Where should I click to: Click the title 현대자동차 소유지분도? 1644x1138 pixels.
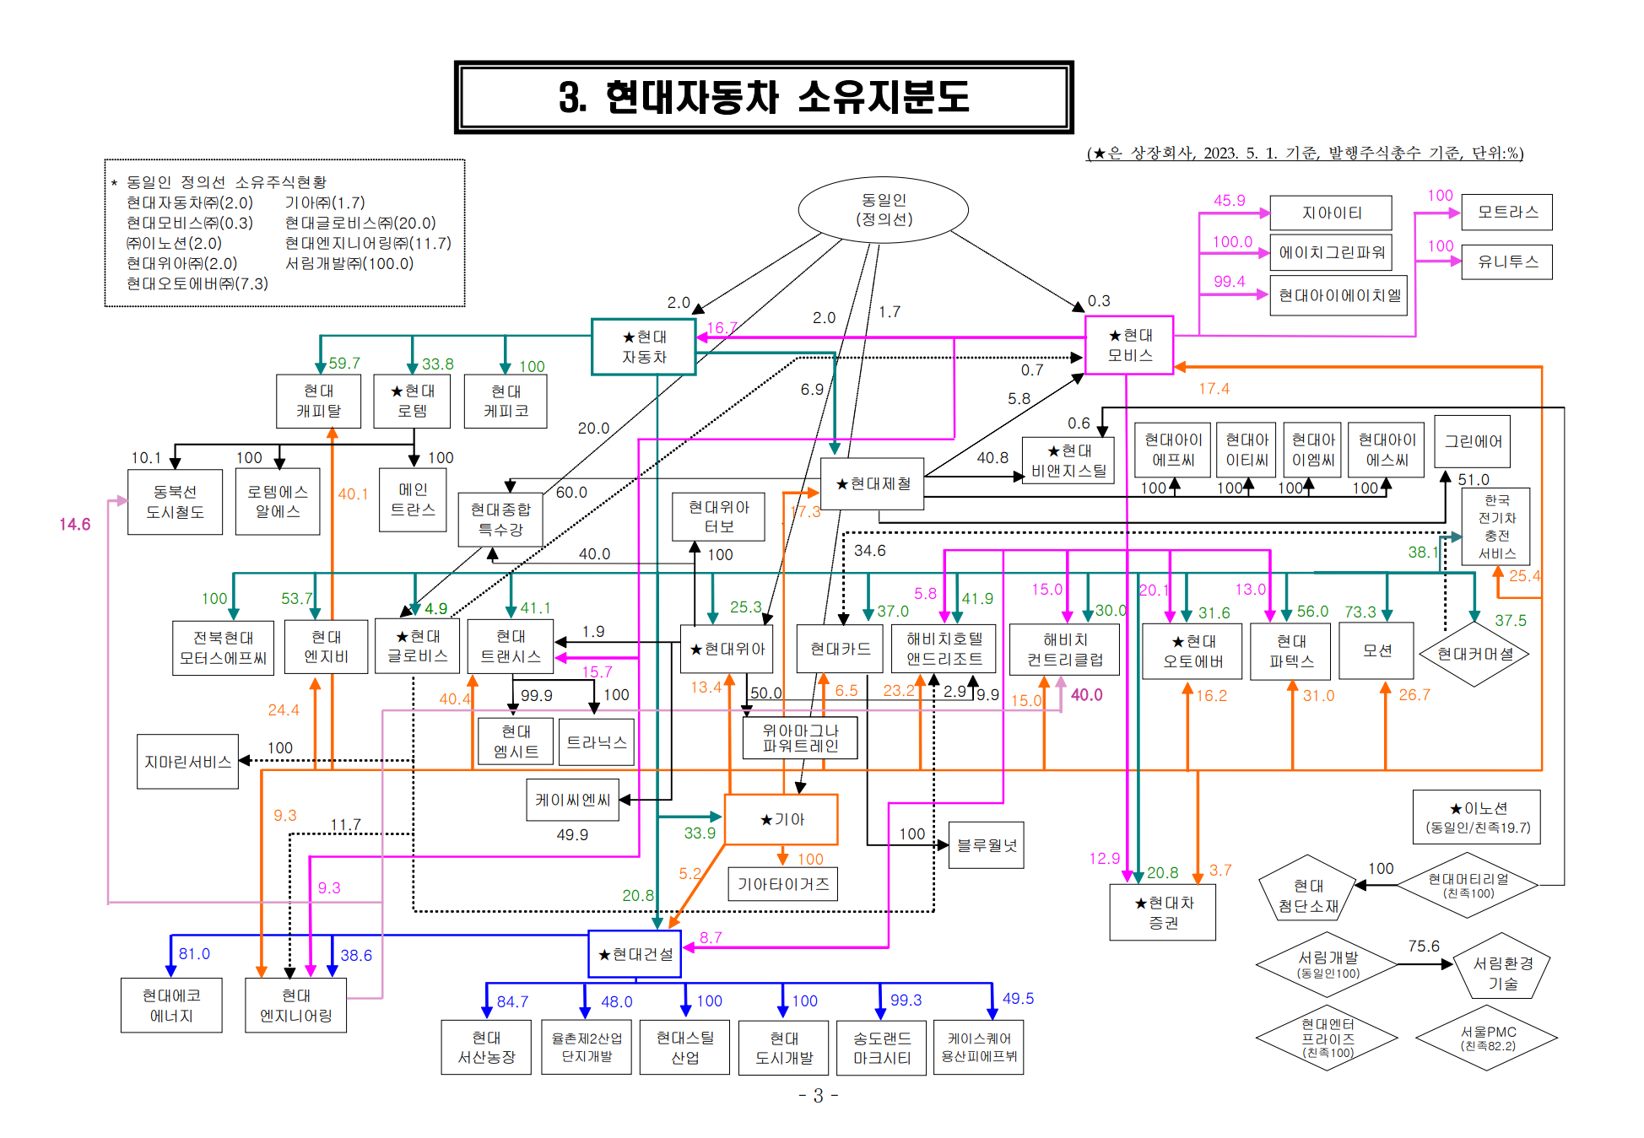[x=763, y=97]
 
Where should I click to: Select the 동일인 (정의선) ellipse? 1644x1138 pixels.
[x=883, y=209]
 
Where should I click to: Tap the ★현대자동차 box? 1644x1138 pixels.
[x=644, y=347]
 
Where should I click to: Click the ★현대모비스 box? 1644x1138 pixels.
[x=1129, y=345]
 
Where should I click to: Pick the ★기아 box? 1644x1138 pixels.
[x=781, y=819]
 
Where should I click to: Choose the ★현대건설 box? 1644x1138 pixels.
[x=635, y=954]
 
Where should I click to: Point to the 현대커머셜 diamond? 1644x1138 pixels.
[x=1474, y=654]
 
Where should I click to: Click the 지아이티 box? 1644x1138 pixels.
[x=1330, y=213]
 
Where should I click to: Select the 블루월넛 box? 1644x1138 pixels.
[x=986, y=844]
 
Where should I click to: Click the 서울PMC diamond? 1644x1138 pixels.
[x=1487, y=1038]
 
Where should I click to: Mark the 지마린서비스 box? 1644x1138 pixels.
[x=187, y=762]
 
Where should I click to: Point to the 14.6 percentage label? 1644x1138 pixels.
[x=74, y=524]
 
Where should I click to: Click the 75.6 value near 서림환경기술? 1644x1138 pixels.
[x=1423, y=946]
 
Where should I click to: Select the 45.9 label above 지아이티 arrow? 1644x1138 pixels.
[x=1229, y=200]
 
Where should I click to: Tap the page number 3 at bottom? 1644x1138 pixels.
[x=818, y=1095]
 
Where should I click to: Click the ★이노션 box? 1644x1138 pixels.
[x=1477, y=817]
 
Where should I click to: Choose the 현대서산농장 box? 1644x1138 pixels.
[x=486, y=1047]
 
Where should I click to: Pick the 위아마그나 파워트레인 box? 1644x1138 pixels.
[x=800, y=737]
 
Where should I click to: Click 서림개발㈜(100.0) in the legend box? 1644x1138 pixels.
[x=349, y=263]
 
